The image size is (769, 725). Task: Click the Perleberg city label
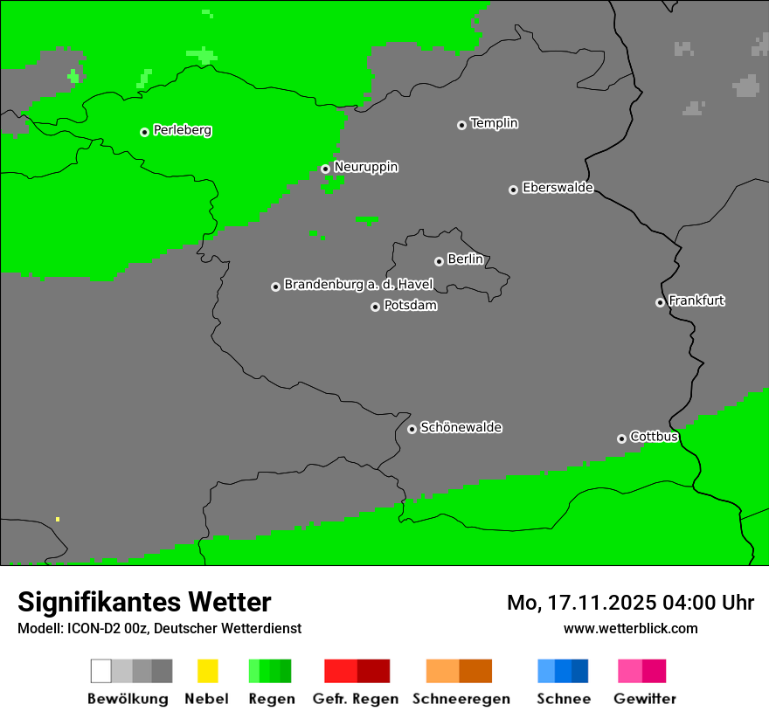click(182, 130)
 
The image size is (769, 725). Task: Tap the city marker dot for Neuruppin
click(325, 169)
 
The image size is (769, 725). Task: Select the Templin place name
click(494, 123)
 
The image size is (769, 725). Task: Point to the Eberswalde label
click(558, 188)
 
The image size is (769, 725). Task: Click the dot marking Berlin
click(439, 261)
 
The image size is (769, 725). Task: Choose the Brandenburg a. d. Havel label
click(358, 285)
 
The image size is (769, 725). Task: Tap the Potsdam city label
click(410, 306)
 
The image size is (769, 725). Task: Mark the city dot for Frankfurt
click(660, 302)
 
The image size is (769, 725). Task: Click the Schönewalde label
click(461, 427)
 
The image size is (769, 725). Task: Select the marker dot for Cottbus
click(621, 438)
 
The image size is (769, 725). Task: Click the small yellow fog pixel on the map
click(58, 519)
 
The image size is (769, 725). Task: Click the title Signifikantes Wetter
click(144, 602)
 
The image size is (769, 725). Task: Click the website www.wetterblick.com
click(630, 628)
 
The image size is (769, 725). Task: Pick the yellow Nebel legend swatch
click(207, 671)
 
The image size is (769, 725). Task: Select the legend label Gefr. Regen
click(355, 699)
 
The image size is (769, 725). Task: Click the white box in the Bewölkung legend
click(101, 671)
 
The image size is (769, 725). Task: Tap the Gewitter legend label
click(645, 699)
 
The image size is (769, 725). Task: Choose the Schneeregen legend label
click(461, 699)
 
